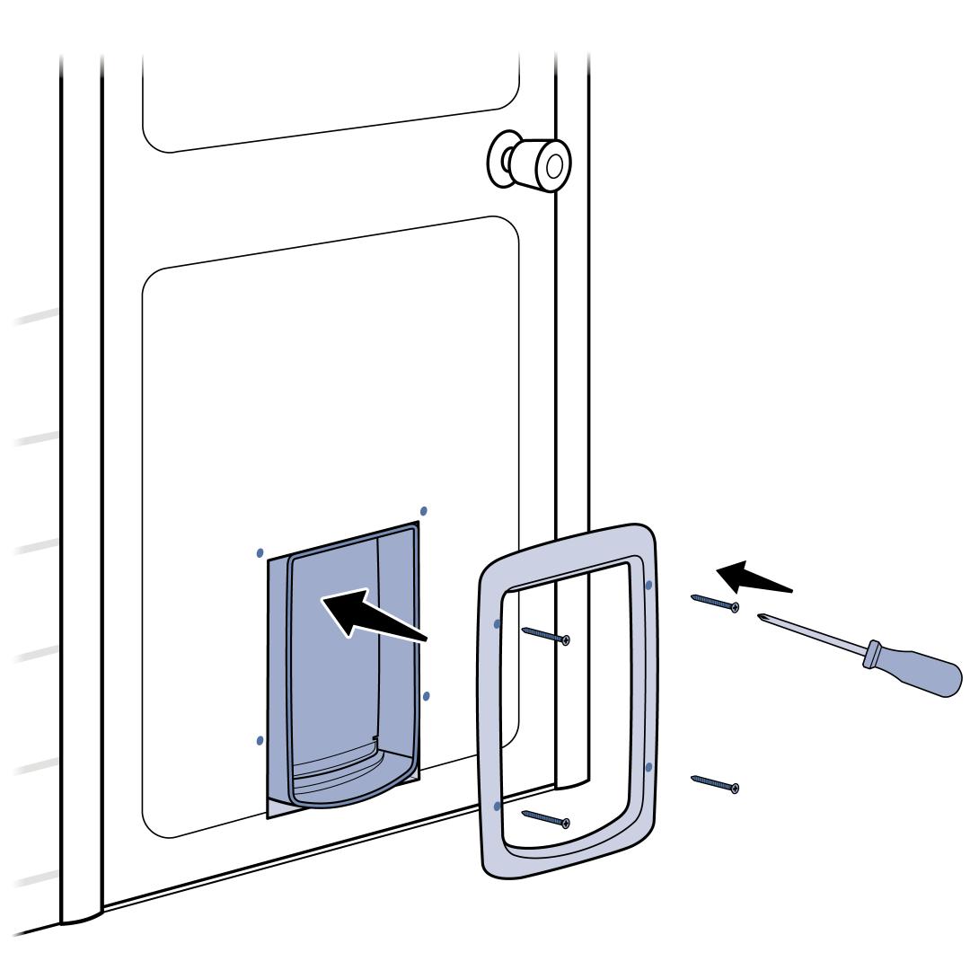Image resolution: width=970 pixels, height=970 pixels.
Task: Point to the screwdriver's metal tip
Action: pyautogui.click(x=763, y=617)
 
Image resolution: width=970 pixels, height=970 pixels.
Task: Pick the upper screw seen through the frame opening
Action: pyautogui.click(x=545, y=634)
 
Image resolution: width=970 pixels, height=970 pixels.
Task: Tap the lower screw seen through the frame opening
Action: pyautogui.click(x=545, y=816)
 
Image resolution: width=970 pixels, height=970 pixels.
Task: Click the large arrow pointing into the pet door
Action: pyautogui.click(x=368, y=615)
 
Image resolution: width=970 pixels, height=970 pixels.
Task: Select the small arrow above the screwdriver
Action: pyautogui.click(x=750, y=578)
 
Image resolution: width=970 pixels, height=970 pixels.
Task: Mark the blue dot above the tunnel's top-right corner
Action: pyautogui.click(x=423, y=510)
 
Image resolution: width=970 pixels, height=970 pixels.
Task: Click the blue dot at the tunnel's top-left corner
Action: pyautogui.click(x=260, y=551)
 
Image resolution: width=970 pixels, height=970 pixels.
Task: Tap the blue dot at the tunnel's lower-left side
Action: pyautogui.click(x=260, y=740)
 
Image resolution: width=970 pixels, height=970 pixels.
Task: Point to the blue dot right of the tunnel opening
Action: pyautogui.click(x=426, y=696)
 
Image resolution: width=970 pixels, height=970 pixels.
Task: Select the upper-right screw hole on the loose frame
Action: pyautogui.click(x=648, y=585)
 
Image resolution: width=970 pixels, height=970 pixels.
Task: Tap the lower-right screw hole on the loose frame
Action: pyautogui.click(x=648, y=766)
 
